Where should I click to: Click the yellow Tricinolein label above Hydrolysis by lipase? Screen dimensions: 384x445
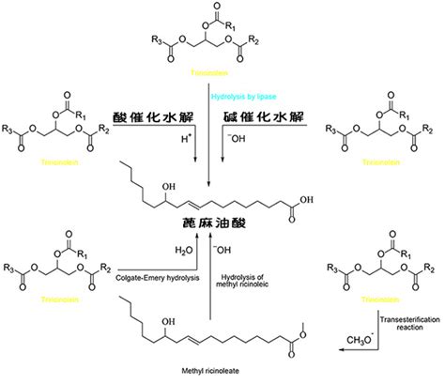[217, 68]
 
